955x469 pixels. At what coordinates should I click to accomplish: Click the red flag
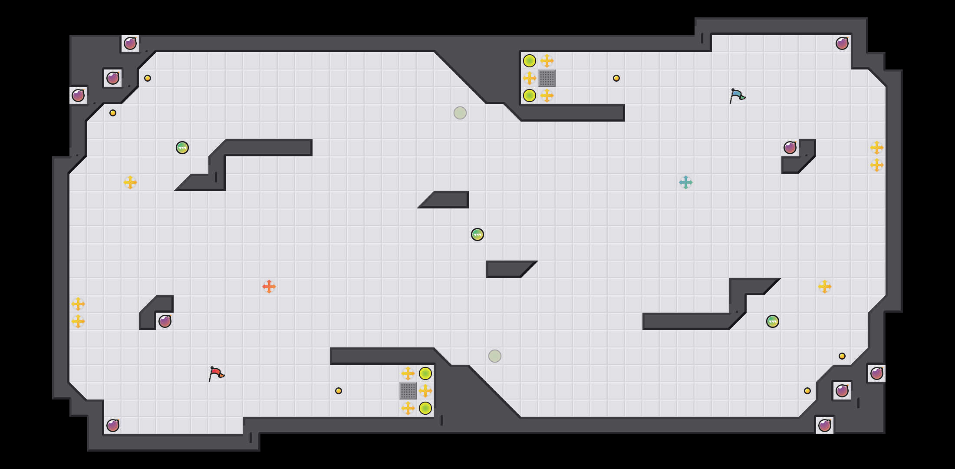click(216, 373)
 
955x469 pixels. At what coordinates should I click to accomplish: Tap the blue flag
click(737, 96)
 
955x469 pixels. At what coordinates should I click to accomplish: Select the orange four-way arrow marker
click(269, 287)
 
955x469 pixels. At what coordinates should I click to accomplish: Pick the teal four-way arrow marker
click(686, 182)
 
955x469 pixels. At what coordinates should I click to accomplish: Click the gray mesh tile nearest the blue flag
click(547, 78)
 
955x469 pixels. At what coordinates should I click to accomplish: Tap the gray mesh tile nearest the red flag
click(408, 391)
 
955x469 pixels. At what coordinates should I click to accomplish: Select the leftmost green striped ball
click(182, 148)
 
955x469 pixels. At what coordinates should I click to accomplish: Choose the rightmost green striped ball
click(773, 321)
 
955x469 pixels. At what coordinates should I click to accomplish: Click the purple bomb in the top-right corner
click(842, 43)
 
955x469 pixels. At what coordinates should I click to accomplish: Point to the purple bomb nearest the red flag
click(165, 321)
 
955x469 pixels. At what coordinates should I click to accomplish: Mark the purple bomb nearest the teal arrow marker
click(790, 148)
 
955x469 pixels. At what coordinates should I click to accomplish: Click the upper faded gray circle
click(460, 113)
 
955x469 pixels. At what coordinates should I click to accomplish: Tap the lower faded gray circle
click(495, 356)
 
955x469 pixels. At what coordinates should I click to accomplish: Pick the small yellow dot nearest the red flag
click(339, 391)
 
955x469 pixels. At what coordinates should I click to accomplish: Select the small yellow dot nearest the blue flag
click(616, 78)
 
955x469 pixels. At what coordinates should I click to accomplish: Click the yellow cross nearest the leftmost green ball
click(130, 182)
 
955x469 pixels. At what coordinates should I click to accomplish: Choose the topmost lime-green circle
click(530, 61)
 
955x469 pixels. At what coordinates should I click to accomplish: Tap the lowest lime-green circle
click(425, 408)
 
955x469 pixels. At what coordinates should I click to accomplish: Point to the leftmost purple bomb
click(78, 96)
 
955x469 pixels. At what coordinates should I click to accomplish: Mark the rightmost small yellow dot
click(842, 356)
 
